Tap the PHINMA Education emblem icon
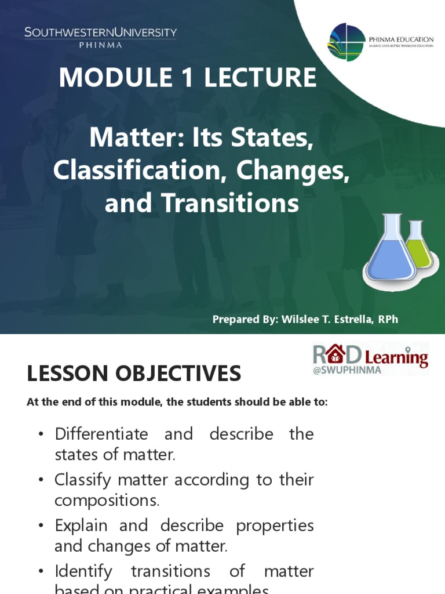pos(346,42)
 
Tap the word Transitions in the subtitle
pos(230,203)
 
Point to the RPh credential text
pos(387,320)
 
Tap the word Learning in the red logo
pos(396,358)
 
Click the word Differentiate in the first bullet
pos(101,434)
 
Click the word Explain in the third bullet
pos(81,526)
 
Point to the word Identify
pos(83,571)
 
